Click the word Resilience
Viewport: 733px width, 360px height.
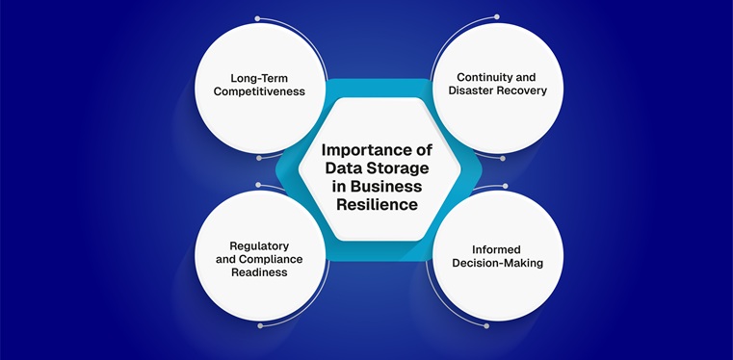point(377,205)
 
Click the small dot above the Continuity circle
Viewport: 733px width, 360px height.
point(497,16)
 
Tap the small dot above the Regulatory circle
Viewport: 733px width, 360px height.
point(257,183)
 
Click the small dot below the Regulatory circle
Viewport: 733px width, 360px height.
point(259,325)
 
